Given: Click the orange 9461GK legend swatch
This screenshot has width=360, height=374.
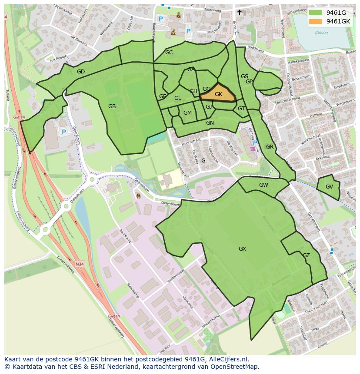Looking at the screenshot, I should click(x=316, y=21).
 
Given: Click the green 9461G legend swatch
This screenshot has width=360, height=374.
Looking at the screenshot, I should click(x=316, y=13).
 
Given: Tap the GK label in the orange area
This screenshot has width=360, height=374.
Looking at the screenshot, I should click(x=218, y=94).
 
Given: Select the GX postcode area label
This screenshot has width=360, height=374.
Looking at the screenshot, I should click(x=242, y=249).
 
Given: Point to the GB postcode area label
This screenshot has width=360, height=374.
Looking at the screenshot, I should click(x=112, y=106).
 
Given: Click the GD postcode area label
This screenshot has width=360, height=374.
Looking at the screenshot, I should click(x=81, y=72).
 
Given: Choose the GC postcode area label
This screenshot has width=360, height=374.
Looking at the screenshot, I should click(x=169, y=53).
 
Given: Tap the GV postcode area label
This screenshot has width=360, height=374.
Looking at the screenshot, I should click(x=329, y=187).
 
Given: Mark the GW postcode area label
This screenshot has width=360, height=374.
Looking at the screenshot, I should click(x=263, y=185).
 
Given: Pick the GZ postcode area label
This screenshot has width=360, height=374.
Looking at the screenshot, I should click(x=307, y=255).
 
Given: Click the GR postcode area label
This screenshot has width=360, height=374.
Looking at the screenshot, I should click(x=270, y=147).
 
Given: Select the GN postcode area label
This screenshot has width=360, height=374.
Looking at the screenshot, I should click(x=210, y=123).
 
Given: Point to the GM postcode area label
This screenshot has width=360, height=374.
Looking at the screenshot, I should click(x=187, y=113).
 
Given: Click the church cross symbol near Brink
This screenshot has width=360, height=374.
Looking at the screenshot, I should click(x=239, y=13).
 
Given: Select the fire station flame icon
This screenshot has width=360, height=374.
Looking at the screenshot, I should click(x=138, y=195).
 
